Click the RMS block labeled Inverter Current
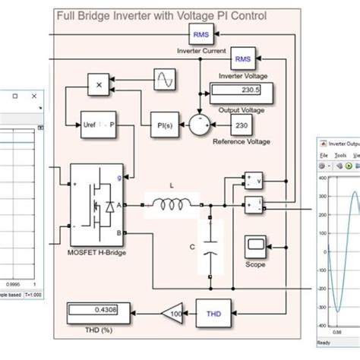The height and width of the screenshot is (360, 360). pyautogui.click(x=203, y=33)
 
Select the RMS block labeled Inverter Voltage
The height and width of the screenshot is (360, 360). pyautogui.click(x=243, y=60)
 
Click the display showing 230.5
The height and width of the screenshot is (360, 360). pyautogui.click(x=243, y=91)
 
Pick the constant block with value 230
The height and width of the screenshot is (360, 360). pyautogui.click(x=242, y=125)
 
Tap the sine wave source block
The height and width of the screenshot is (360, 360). pyautogui.click(x=166, y=80)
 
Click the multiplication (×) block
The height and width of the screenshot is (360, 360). pyautogui.click(x=99, y=86)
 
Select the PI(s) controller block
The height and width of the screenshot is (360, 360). pyautogui.click(x=161, y=125)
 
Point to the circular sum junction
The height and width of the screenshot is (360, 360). pyautogui.click(x=201, y=124)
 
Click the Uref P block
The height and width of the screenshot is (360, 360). pyautogui.click(x=97, y=125)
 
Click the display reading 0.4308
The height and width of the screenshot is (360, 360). pyautogui.click(x=98, y=309)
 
